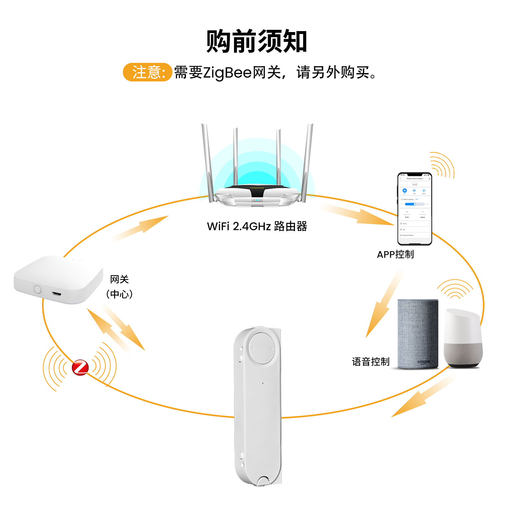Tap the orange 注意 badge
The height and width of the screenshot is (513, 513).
148,72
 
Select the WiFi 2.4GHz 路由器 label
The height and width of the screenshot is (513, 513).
257,226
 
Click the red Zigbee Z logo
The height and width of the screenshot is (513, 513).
80,367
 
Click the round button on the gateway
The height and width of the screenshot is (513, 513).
38,289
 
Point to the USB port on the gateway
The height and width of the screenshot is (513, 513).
57,294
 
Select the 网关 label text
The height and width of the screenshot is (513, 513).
119,279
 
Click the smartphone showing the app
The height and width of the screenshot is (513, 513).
415,209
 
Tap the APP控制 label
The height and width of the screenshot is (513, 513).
395,255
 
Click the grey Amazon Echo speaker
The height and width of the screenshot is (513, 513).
418,333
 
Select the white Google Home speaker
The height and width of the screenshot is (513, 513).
463,338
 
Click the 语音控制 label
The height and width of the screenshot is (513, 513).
371,362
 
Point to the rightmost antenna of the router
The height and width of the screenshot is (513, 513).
307,160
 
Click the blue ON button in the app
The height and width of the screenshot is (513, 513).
405,190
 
